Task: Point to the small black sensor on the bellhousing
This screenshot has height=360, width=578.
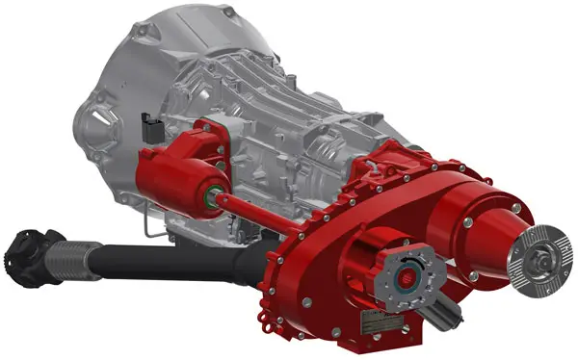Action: click(147, 129)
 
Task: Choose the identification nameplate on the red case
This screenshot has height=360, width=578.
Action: click(371, 328)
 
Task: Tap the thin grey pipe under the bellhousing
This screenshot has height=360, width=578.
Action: click(144, 226)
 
